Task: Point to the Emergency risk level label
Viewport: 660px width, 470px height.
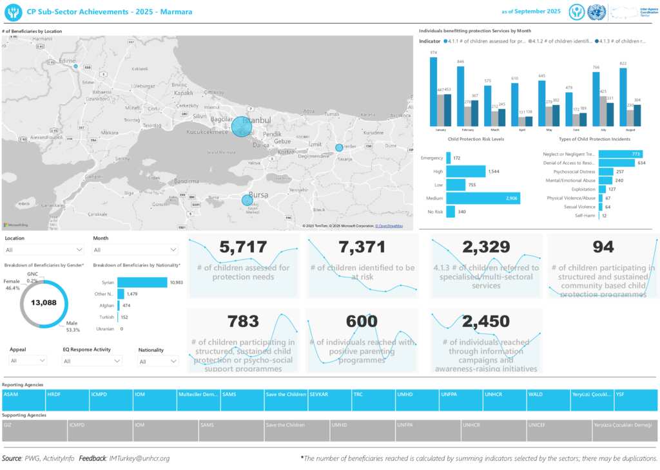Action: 432,158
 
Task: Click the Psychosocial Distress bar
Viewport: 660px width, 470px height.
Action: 606,172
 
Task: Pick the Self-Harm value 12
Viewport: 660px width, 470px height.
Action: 604,216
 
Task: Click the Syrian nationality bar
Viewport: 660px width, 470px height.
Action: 142,282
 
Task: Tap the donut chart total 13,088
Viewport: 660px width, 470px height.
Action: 44,302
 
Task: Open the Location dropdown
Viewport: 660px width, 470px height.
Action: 44,250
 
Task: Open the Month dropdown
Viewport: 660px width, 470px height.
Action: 135,250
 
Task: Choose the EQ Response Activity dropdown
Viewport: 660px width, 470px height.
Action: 92,361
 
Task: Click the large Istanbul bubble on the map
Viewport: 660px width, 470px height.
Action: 242,126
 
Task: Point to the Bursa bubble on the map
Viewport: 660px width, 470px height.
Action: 247,200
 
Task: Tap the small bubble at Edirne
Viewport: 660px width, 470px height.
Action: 75,66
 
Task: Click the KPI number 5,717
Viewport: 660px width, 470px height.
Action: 242,247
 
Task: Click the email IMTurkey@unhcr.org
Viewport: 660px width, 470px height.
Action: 139,458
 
